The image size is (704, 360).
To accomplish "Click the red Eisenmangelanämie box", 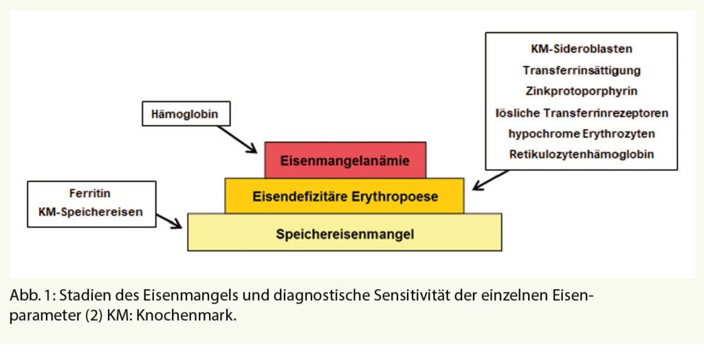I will click(345, 160).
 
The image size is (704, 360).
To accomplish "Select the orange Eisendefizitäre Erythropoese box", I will click(344, 196).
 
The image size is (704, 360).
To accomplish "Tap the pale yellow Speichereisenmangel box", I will click(344, 233).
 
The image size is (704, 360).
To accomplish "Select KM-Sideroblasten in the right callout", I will click(582, 49).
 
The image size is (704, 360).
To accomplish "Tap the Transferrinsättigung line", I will click(582, 70).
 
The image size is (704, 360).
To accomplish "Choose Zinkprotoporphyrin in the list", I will click(582, 91).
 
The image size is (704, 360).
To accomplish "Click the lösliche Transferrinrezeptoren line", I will click(582, 112).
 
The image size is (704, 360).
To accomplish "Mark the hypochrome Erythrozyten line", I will click(582, 133).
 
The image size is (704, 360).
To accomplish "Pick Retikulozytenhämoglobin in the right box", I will click(582, 154).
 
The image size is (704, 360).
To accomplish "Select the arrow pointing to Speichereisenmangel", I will click(169, 220).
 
